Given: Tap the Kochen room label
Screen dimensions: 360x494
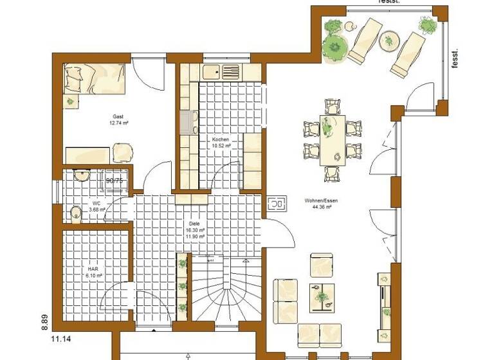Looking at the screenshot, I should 221,139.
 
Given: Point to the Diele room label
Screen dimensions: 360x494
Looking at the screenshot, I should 195,230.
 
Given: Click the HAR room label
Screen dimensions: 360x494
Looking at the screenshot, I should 93,269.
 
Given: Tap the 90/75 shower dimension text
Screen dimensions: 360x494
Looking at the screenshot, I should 114,181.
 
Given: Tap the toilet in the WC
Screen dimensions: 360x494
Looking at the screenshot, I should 77,213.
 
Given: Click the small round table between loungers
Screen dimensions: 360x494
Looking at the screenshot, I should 389,41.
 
